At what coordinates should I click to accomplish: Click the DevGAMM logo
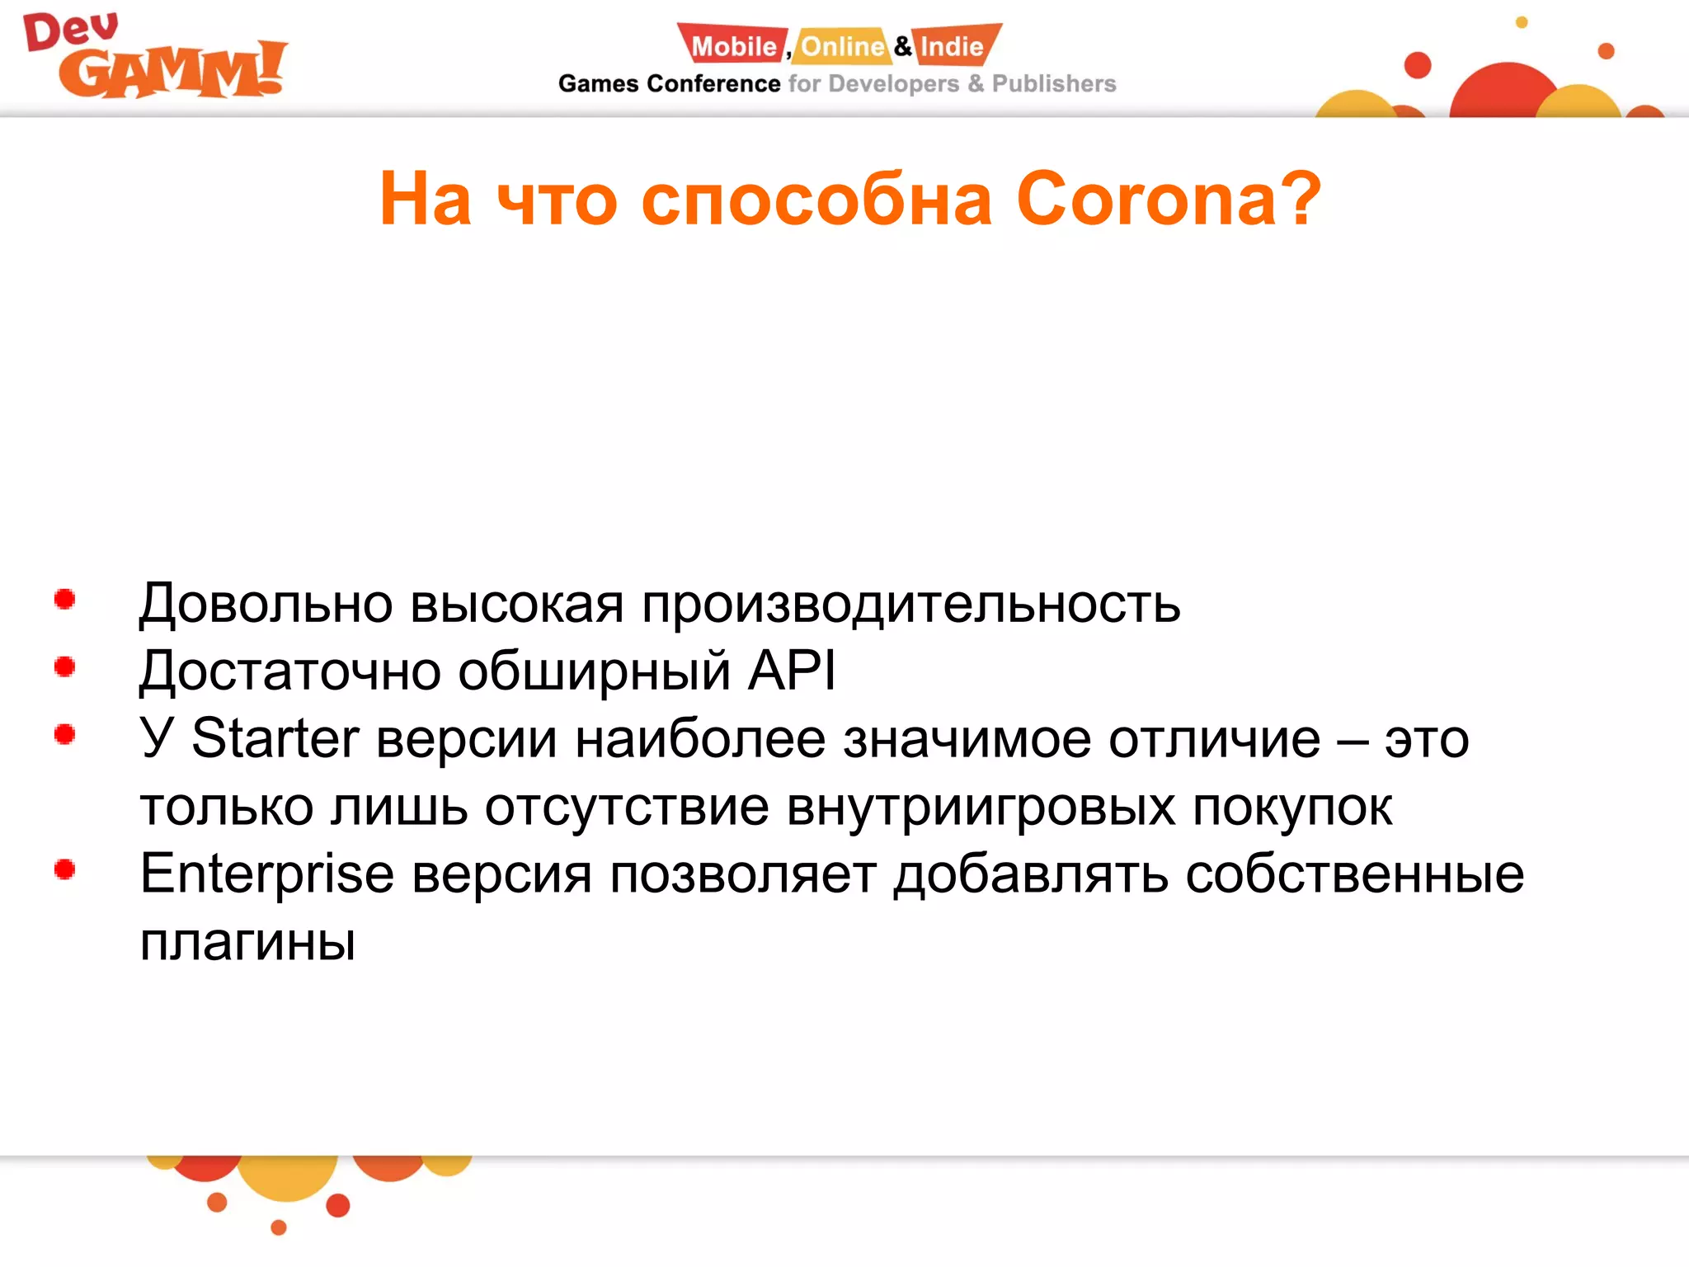(x=155, y=58)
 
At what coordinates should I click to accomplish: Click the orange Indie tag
(x=953, y=45)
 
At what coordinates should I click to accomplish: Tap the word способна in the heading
(x=816, y=200)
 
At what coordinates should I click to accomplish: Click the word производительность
(x=910, y=604)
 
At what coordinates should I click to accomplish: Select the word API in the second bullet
(x=792, y=670)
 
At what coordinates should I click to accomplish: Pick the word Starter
(x=275, y=737)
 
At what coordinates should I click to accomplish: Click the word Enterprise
(x=266, y=874)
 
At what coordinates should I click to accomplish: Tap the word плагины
(x=247, y=942)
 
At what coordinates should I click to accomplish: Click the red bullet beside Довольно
(x=64, y=600)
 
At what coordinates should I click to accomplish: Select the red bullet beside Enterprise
(x=64, y=869)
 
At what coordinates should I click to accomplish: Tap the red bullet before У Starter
(x=64, y=734)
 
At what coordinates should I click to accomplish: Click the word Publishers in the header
(x=1053, y=84)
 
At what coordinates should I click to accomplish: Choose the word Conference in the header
(x=713, y=84)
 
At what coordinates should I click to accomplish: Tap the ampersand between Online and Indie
(x=903, y=46)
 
